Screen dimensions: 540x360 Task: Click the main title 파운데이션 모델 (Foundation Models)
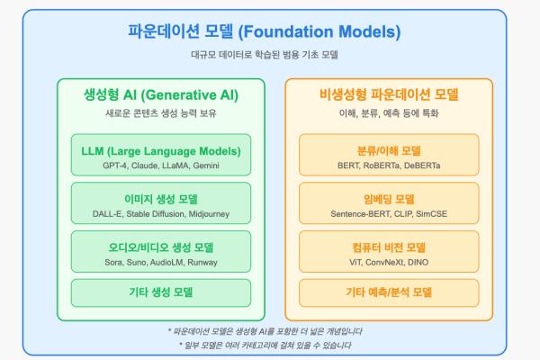coord(264,31)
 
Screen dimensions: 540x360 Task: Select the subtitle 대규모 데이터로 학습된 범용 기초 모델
coord(265,54)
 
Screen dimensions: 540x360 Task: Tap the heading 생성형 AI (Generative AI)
coord(161,94)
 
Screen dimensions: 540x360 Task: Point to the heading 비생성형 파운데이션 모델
coord(389,94)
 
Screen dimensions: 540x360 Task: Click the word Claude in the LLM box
coord(145,166)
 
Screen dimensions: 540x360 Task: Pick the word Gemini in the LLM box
coord(206,166)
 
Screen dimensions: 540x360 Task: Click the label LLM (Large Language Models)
coord(161,151)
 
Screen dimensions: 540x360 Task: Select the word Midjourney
coord(209,214)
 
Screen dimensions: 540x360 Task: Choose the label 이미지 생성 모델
coord(161,199)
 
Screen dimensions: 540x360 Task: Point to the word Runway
coord(202,262)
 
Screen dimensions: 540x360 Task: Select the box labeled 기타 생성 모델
coord(161,292)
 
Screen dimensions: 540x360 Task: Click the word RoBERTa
coord(382,166)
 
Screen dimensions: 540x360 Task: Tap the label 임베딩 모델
coord(389,199)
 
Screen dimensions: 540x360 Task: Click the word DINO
coord(418,262)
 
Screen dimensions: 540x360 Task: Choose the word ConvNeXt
coord(384,262)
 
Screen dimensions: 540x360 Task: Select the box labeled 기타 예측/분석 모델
coord(389,292)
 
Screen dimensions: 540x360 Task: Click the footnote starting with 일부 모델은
coord(265,346)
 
